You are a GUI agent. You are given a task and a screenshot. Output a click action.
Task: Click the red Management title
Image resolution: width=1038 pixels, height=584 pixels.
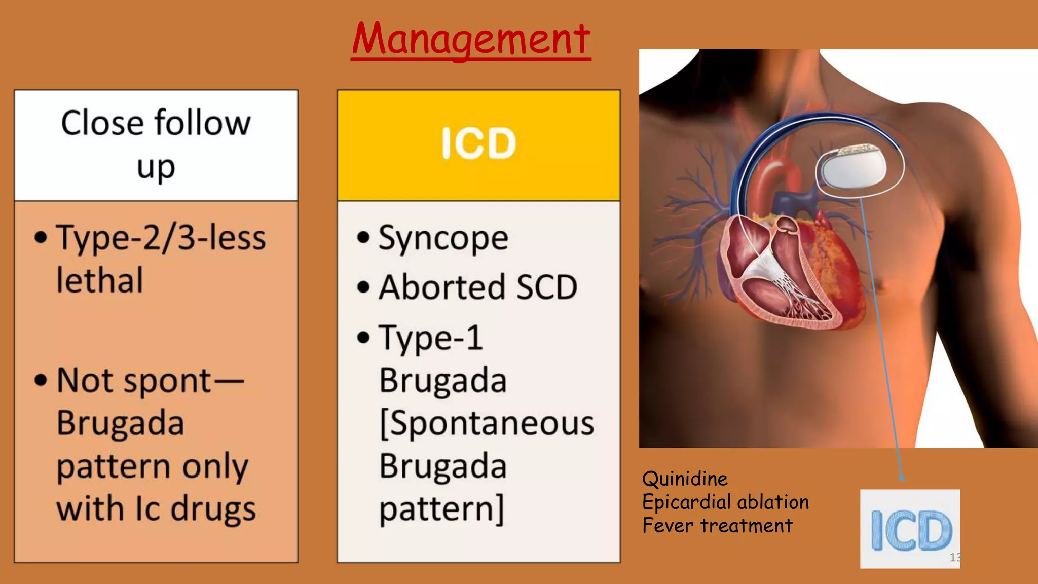click(471, 40)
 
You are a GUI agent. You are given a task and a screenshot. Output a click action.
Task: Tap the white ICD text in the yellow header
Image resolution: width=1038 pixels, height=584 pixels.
click(478, 143)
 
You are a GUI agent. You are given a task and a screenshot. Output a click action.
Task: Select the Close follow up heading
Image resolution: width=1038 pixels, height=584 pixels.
click(156, 144)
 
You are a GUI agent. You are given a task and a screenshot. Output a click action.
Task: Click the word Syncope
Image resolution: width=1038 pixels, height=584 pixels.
click(443, 238)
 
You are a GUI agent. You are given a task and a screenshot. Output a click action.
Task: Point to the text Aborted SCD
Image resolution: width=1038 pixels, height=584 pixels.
click(478, 287)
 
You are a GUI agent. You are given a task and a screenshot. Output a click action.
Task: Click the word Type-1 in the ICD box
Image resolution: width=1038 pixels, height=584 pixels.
click(431, 338)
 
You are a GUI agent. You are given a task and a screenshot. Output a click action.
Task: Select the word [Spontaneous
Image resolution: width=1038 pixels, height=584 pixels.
click(487, 423)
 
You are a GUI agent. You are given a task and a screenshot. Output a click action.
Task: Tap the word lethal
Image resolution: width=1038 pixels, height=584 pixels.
click(100, 280)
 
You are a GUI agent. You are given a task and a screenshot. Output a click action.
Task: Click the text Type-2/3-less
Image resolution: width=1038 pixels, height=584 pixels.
click(161, 238)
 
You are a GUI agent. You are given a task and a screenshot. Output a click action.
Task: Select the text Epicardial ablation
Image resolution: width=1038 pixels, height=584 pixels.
click(725, 502)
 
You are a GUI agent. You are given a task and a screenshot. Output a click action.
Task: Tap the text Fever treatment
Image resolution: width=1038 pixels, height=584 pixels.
click(717, 526)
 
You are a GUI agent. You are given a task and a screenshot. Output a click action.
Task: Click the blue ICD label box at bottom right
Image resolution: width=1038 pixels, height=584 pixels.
click(910, 529)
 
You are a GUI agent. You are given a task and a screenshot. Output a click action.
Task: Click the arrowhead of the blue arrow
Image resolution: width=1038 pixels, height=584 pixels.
click(901, 478)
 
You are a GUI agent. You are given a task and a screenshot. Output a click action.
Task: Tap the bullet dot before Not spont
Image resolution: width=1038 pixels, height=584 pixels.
click(41, 381)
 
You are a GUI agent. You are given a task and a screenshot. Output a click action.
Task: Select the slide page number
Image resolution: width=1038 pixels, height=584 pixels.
click(955, 557)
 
